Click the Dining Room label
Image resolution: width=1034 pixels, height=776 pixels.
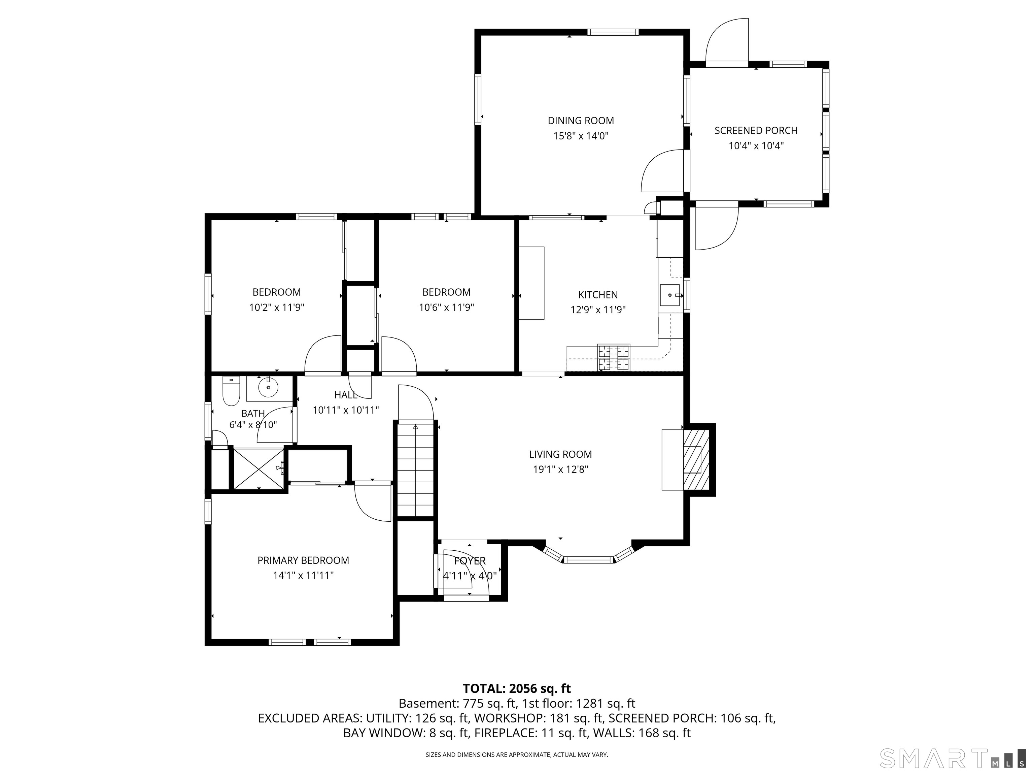tap(581, 121)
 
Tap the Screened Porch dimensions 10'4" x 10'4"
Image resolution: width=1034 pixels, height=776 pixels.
tap(756, 146)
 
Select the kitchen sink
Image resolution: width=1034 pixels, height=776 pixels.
tap(669, 295)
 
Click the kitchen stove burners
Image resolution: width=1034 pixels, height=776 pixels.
tap(614, 357)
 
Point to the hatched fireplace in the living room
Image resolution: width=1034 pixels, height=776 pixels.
tap(696, 459)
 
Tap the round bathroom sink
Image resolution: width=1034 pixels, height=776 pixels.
tap(268, 387)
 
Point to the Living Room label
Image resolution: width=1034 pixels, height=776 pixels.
tap(560, 454)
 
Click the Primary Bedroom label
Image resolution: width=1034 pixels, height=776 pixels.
tap(303, 560)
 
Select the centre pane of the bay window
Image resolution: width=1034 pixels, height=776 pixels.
tap(588, 559)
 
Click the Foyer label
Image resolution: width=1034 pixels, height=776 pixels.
tap(470, 561)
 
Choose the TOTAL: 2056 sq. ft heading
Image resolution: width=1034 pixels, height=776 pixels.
tap(517, 688)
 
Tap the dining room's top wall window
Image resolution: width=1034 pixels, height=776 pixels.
tap(612, 32)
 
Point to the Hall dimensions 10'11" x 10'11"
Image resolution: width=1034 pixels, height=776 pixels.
tap(345, 410)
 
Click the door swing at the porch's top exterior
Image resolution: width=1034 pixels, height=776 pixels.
tap(727, 40)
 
